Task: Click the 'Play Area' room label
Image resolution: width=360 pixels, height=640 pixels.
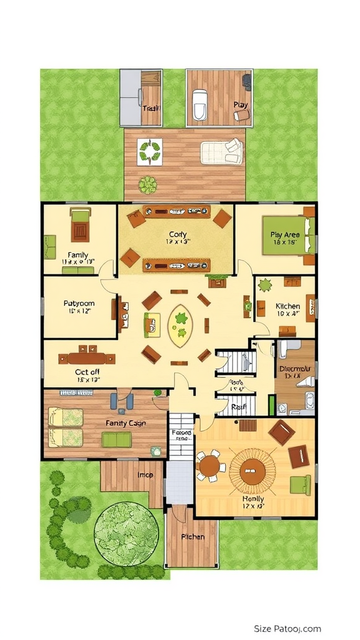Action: [x=284, y=235]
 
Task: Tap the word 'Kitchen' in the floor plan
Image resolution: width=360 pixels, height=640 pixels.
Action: [x=287, y=306]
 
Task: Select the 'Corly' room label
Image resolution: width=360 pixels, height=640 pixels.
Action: [x=177, y=234]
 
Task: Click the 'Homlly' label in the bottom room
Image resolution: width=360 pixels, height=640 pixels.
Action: [x=252, y=499]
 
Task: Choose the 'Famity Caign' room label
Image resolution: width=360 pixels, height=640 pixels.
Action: [x=126, y=423]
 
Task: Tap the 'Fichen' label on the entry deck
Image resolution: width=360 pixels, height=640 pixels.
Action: [x=192, y=537]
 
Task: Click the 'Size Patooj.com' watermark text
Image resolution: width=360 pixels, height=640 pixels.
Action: [x=287, y=629]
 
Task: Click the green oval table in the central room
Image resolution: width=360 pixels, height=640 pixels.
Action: [x=181, y=325]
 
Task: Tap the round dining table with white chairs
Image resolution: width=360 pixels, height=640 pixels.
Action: [x=210, y=466]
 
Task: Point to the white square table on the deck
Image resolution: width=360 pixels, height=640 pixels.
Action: [x=150, y=151]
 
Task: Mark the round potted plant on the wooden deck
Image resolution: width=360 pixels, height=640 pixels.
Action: [x=148, y=185]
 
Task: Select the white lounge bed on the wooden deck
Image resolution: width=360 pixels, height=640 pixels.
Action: [x=221, y=151]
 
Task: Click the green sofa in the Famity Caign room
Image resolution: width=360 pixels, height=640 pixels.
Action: [x=116, y=439]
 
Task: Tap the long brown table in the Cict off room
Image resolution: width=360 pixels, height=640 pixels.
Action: [x=86, y=358]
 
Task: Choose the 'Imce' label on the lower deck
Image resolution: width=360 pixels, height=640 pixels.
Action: [x=146, y=476]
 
